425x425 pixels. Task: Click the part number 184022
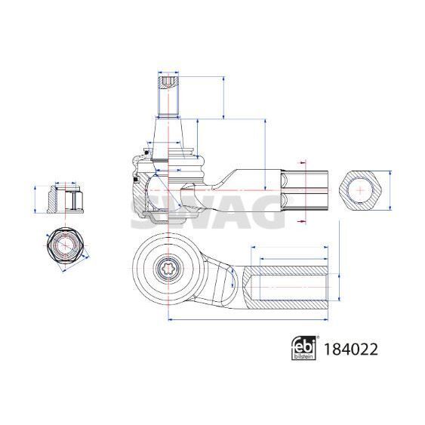(x=351, y=349)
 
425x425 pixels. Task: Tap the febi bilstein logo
(x=303, y=348)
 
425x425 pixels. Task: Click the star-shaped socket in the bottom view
(x=168, y=269)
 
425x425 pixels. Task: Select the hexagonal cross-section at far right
(x=360, y=190)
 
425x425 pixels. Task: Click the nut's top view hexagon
(x=65, y=245)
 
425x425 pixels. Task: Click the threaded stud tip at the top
(x=168, y=82)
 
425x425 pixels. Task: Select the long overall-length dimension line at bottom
(x=248, y=319)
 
